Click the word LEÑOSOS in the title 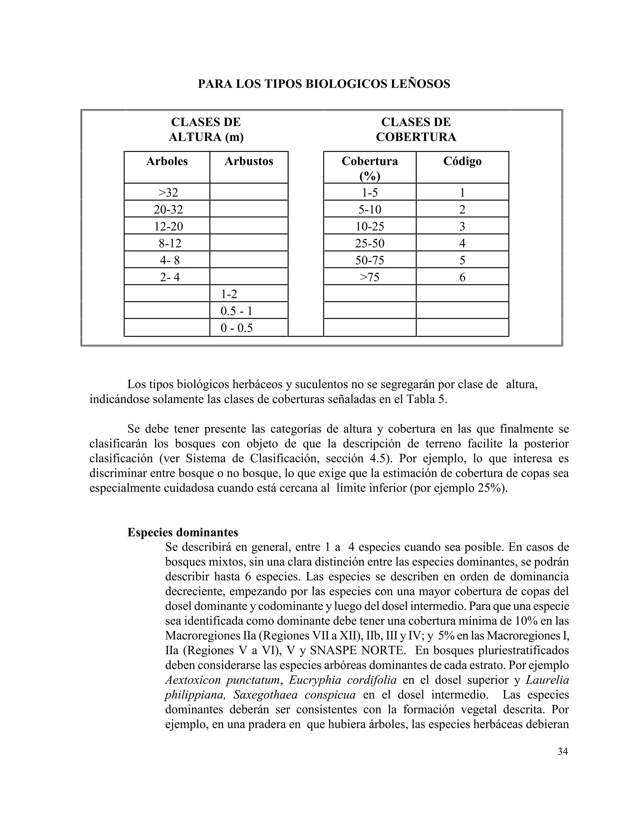[421, 84]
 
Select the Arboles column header [167, 161]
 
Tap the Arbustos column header [249, 161]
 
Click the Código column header [462, 161]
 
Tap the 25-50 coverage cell [370, 243]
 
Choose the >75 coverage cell [370, 277]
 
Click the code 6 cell [462, 277]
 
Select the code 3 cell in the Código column [462, 227]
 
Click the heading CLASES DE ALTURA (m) [206, 130]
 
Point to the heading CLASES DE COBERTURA [416, 130]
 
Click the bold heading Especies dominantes [183, 532]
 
